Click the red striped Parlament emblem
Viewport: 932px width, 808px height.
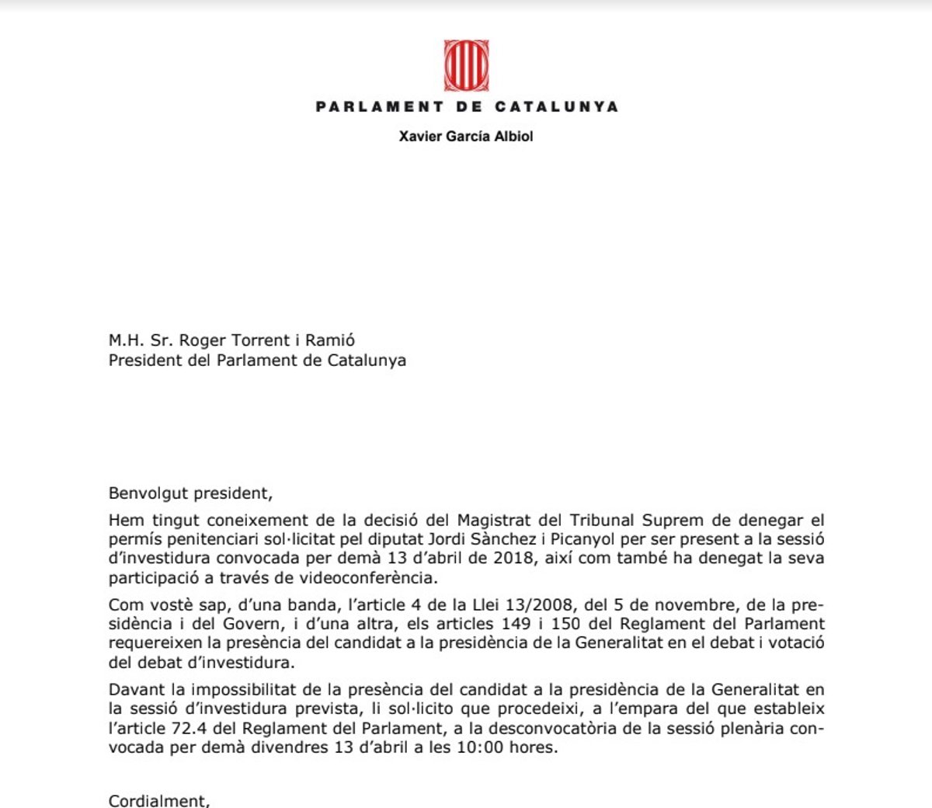coord(466,67)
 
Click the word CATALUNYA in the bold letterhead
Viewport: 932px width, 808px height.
coord(557,107)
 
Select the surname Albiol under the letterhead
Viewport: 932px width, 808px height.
coord(513,137)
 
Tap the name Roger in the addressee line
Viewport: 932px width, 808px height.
coord(201,340)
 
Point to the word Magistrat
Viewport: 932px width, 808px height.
coord(494,520)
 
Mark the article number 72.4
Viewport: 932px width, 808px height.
coord(209,728)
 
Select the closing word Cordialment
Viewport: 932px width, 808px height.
coord(158,800)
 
